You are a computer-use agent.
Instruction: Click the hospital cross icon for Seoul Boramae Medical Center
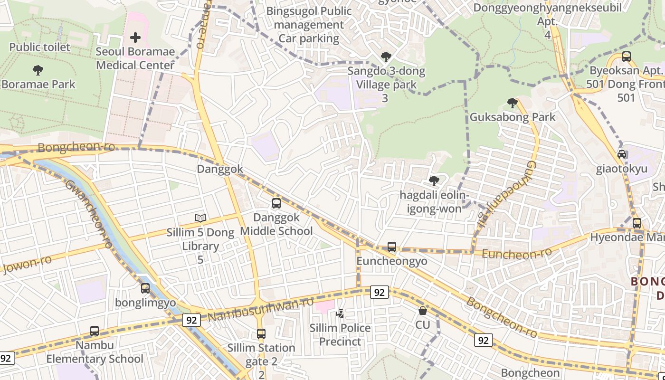click(135, 38)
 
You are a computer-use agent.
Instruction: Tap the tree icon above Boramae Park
click(38, 70)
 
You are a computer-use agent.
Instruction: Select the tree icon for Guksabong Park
click(512, 103)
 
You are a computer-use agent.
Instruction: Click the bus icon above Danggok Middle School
click(276, 203)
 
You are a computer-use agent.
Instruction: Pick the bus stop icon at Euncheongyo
click(392, 247)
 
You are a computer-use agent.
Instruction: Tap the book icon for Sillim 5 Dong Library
click(200, 218)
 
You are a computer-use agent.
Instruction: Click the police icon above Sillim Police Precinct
click(340, 313)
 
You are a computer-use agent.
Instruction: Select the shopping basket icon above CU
click(423, 311)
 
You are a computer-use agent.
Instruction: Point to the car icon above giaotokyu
click(622, 154)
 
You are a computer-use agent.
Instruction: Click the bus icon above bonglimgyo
click(145, 288)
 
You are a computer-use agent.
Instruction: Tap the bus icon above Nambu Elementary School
click(95, 331)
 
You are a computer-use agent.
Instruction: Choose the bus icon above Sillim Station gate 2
click(261, 333)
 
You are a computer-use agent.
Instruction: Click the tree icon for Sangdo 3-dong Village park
click(386, 57)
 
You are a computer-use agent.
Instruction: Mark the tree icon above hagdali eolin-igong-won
click(434, 180)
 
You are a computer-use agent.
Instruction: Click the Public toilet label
click(40, 47)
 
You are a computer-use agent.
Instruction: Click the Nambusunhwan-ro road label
click(261, 309)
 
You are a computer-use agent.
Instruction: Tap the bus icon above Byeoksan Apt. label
click(627, 57)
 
